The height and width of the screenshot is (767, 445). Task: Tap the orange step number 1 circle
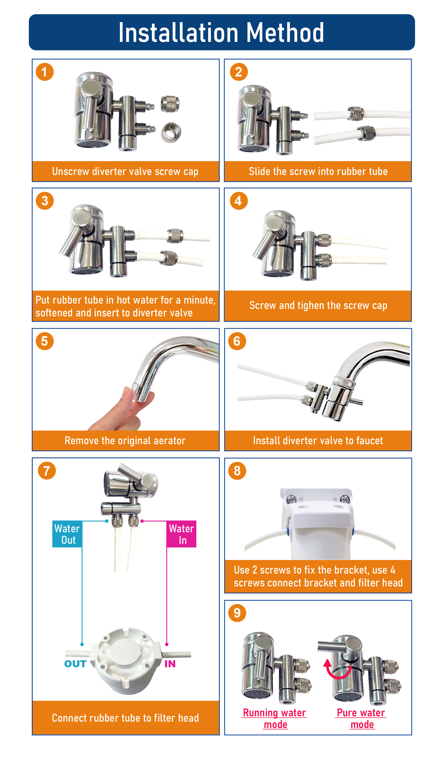pyautogui.click(x=45, y=72)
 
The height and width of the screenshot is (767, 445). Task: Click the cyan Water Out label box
pyautogui.click(x=67, y=534)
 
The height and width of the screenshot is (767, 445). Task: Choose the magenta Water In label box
pyautogui.click(x=182, y=534)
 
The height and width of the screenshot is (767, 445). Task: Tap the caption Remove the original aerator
pyautogui.click(x=125, y=440)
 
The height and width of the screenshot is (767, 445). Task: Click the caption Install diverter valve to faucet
pyautogui.click(x=318, y=440)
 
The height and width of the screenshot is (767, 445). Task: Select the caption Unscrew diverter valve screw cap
pyautogui.click(x=125, y=171)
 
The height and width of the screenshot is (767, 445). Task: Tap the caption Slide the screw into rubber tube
pyautogui.click(x=318, y=171)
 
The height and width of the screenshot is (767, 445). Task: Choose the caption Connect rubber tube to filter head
pyautogui.click(x=125, y=718)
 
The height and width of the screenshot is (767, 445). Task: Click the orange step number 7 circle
pyautogui.click(x=47, y=471)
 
